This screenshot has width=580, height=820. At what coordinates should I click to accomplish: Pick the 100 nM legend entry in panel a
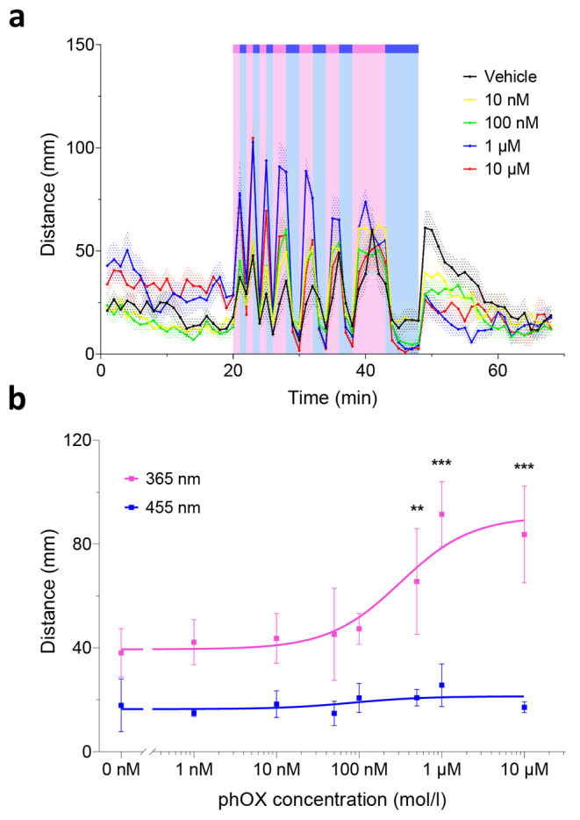coord(512,122)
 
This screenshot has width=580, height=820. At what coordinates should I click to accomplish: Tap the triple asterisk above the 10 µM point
coord(525,467)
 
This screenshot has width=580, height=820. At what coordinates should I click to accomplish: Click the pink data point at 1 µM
coord(441,514)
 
